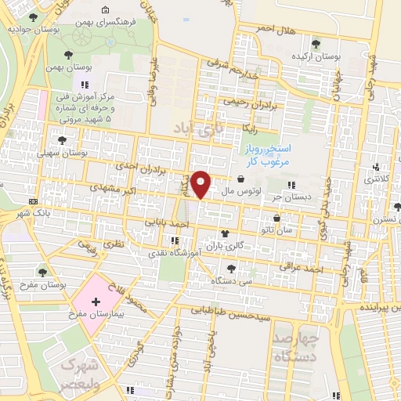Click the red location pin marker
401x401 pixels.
pos(201,185)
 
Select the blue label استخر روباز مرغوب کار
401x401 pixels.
pos(263,154)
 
